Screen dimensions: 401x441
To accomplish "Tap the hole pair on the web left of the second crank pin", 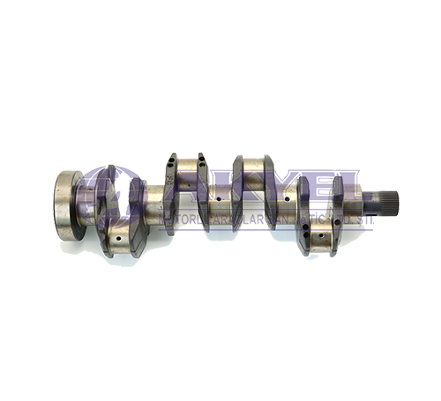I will point(171,162).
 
